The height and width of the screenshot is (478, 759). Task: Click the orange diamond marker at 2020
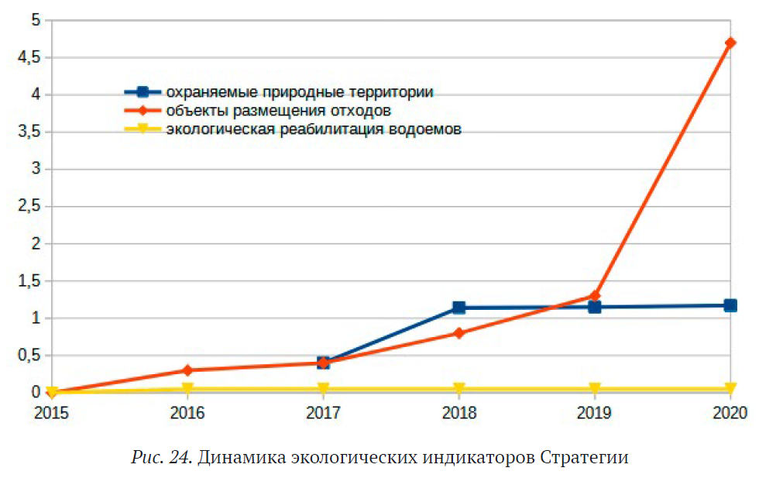(730, 43)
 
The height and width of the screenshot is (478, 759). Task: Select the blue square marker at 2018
(458, 308)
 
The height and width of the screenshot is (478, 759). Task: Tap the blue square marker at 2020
(730, 305)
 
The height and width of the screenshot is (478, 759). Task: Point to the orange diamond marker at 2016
(187, 370)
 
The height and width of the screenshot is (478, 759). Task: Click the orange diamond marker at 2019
(594, 295)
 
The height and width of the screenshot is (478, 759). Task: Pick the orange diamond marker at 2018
(458, 333)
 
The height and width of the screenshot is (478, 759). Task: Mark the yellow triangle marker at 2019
(594, 389)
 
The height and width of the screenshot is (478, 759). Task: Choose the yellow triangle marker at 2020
(730, 389)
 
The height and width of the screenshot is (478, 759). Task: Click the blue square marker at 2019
(594, 307)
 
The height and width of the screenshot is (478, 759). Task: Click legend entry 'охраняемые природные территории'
(299, 91)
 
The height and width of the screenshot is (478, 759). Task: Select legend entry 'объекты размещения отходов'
(283, 110)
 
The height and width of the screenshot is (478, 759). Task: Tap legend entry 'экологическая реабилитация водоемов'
(314, 129)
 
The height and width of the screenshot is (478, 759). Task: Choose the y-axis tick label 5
(35, 20)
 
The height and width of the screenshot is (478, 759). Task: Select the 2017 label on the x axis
(323, 413)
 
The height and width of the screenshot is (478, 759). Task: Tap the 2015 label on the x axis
(52, 413)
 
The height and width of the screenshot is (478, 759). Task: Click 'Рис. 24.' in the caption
(161, 457)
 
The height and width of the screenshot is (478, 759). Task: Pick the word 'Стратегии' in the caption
(589, 457)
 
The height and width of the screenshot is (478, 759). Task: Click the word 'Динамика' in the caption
(240, 457)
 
